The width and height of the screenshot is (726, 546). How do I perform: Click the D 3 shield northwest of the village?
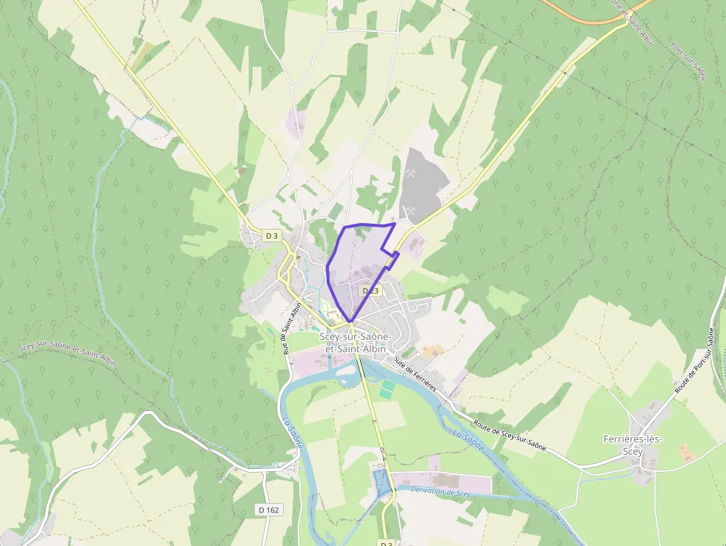[x=272, y=236]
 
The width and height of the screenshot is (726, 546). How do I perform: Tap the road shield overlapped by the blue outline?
[x=369, y=291]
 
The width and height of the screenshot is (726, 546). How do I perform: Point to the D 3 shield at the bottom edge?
[x=385, y=543]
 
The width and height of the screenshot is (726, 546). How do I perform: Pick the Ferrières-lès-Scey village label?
[x=633, y=445]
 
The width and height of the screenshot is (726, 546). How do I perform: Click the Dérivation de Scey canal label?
[x=440, y=491]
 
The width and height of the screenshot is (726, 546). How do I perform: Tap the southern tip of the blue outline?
[x=350, y=322]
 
